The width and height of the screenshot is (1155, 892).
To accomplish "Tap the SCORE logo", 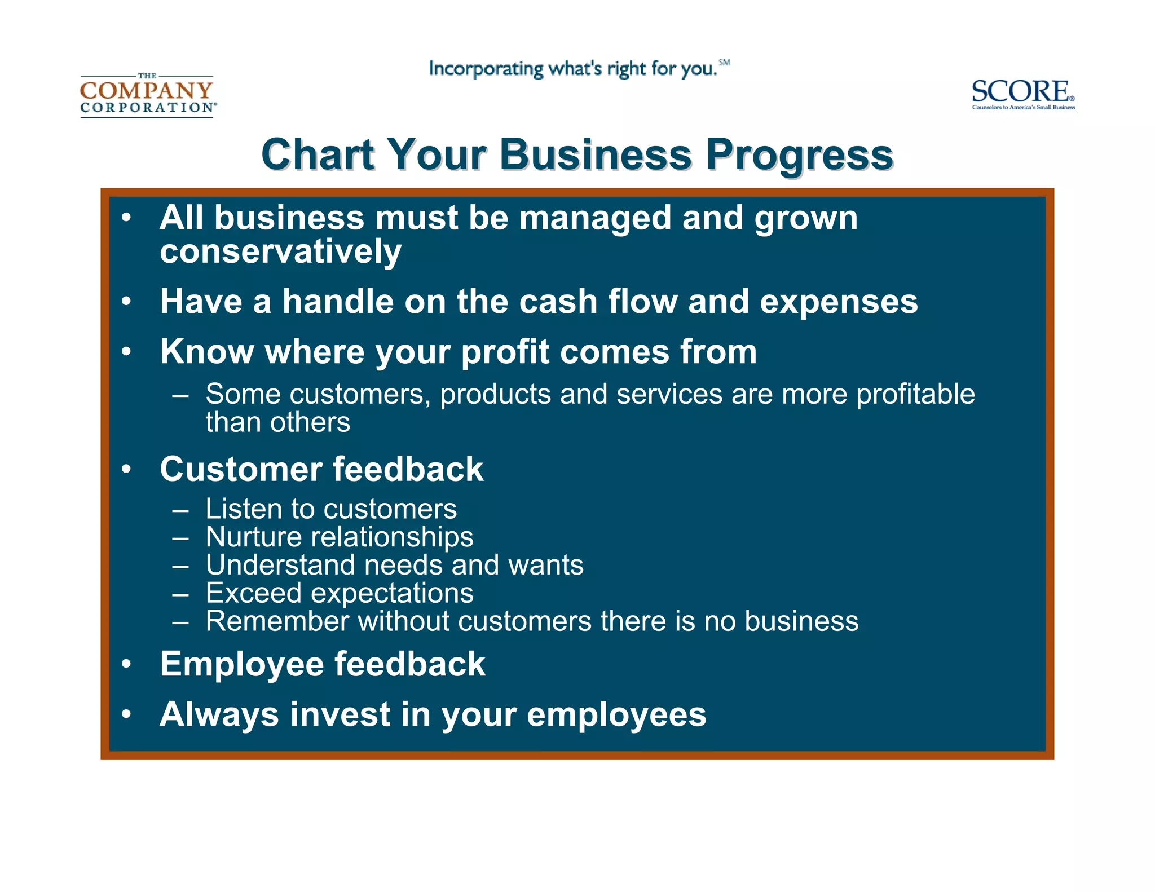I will pyautogui.click(x=1022, y=94).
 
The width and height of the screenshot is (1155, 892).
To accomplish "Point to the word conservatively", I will pyautogui.click(x=280, y=251).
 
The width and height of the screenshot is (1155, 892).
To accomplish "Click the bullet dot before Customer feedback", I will pyautogui.click(x=126, y=469).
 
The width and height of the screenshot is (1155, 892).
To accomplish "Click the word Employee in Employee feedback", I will pyautogui.click(x=241, y=664).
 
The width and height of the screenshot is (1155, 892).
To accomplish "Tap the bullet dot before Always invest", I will pyautogui.click(x=126, y=714).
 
